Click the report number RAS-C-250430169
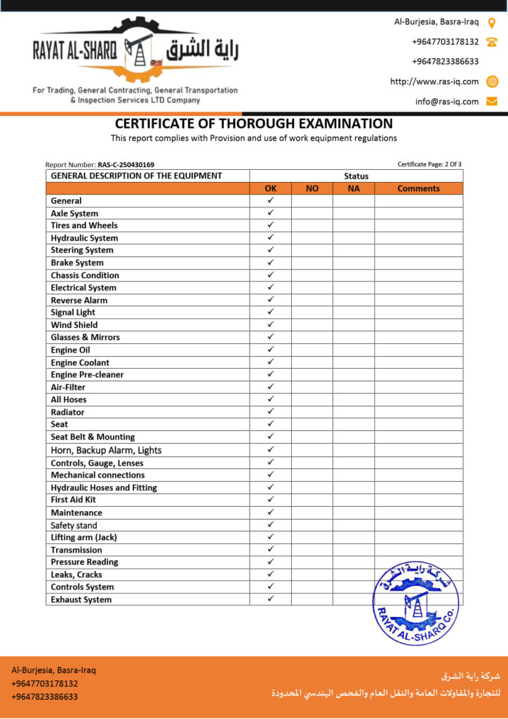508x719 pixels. [x=126, y=165]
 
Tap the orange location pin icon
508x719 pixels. [x=492, y=22]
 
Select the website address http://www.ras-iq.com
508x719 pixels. [x=434, y=81]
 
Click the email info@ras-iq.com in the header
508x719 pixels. [x=446, y=101]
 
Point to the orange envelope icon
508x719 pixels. [x=492, y=101]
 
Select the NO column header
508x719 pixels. [x=312, y=188]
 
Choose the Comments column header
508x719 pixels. [x=418, y=188]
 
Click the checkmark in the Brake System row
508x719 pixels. [x=270, y=262]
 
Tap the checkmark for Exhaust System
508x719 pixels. [x=270, y=599]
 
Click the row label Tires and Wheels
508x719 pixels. [x=84, y=225]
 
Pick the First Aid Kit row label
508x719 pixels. [x=73, y=500]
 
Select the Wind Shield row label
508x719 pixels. [x=74, y=325]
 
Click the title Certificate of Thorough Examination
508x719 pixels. [x=253, y=124]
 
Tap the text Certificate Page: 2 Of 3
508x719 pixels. [x=429, y=164]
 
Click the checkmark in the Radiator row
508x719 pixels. [x=270, y=411]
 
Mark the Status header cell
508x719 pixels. [x=356, y=176]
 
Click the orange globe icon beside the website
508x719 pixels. [x=492, y=81]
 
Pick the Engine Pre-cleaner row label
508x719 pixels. [x=87, y=375]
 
